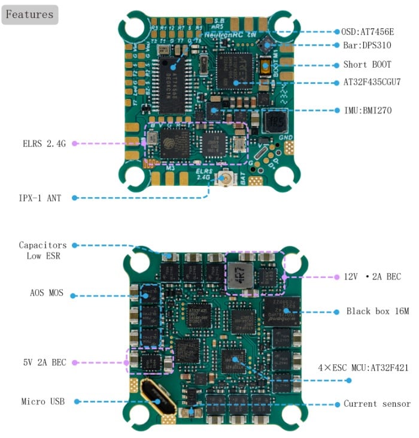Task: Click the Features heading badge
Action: point(30,14)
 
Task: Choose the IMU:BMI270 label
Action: point(367,111)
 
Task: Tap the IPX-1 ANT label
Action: point(44,197)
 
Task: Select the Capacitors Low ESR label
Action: point(42,250)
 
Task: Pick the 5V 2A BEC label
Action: point(42,362)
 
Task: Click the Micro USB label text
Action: point(43,401)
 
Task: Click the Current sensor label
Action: point(377,404)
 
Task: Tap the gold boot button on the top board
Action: point(266,66)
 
